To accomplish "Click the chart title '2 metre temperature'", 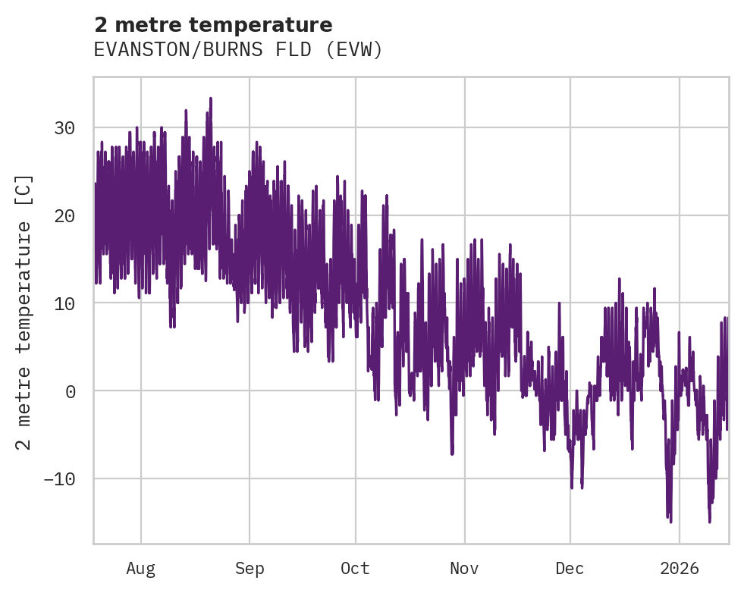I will (213, 25).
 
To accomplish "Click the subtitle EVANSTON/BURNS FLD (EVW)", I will (238, 50).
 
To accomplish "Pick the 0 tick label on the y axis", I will (70, 391).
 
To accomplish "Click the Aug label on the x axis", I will (140, 569).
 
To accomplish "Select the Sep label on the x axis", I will (249, 569).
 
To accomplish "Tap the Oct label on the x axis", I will (355, 569).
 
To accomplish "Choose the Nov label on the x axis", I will (464, 569).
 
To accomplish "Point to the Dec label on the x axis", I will (570, 569).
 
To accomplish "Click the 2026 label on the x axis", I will (680, 569).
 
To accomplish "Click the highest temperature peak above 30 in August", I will (210, 99).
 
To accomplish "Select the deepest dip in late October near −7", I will (452, 453).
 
